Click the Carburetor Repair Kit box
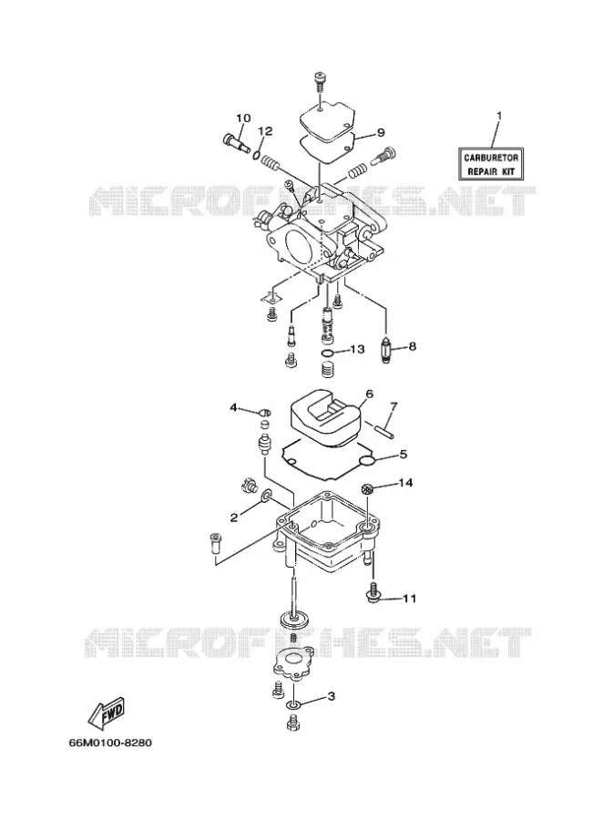tap(490, 164)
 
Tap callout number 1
tap(499, 115)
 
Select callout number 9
tap(380, 132)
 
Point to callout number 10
tap(243, 118)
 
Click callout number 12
tap(266, 130)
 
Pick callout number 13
tap(357, 348)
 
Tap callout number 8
tap(412, 346)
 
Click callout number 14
tap(405, 483)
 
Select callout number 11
tap(410, 598)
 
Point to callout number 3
tap(331, 696)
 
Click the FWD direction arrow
tap(106, 712)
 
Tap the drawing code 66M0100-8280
tap(110, 743)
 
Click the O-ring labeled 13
tap(327, 355)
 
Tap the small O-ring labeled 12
tap(257, 155)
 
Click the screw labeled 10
tap(236, 143)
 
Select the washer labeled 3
tap(294, 707)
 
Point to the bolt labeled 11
tap(373, 592)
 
